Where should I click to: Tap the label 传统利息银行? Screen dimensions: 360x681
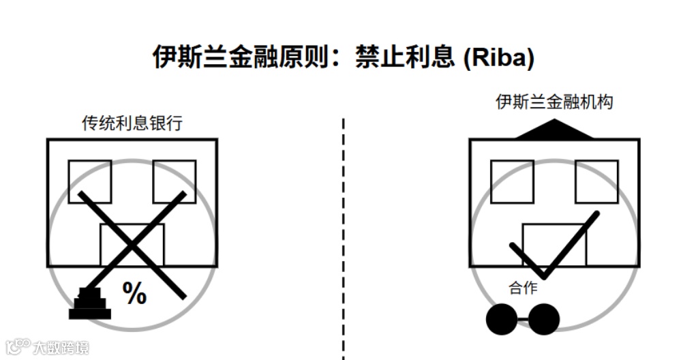[x=132, y=123]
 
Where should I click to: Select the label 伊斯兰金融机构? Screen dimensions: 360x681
[x=554, y=102]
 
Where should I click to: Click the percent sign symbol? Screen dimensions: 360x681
[x=134, y=294]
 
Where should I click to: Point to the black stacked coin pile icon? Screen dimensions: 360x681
[x=89, y=305]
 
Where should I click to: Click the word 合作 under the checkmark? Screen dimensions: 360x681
[x=523, y=288]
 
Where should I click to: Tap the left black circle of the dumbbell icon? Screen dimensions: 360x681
[x=502, y=319]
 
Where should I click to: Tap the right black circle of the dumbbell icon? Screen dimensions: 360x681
[x=544, y=319]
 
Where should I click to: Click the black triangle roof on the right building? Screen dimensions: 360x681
[x=554, y=130]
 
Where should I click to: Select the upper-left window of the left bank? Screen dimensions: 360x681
[x=90, y=181]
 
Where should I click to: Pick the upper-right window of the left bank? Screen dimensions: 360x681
[x=174, y=181]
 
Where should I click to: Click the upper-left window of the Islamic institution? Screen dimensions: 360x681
[x=512, y=181]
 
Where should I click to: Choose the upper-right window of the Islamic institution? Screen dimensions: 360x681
[x=596, y=181]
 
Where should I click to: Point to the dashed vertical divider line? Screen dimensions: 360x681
[x=343, y=239]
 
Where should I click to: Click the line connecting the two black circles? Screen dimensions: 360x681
[x=523, y=319]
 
